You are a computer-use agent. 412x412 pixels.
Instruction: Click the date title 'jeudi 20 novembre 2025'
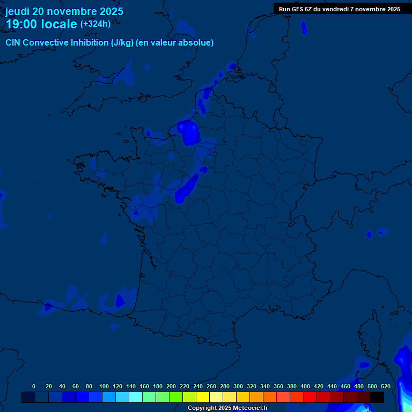point(64,11)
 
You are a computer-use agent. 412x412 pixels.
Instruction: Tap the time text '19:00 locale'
point(41,24)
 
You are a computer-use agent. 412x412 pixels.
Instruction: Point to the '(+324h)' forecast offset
point(95,24)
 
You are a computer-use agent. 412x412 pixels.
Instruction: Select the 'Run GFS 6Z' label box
point(339,9)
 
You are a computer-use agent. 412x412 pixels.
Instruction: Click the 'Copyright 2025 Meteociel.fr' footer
point(227,408)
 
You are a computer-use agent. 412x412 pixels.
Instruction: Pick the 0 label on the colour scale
point(34,386)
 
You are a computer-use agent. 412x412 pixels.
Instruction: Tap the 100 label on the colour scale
point(104,386)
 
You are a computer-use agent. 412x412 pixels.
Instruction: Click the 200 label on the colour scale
point(171,386)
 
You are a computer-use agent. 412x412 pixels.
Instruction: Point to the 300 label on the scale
point(238,386)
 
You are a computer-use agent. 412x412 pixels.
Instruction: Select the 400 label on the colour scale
point(305,386)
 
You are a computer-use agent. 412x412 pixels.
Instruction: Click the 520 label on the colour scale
point(386,386)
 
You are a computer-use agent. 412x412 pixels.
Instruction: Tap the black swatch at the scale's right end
point(377,397)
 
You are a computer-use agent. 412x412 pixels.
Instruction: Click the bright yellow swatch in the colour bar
point(203,397)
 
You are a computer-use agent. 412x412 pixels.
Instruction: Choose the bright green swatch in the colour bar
point(176,397)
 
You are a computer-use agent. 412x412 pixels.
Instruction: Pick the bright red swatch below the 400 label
point(310,397)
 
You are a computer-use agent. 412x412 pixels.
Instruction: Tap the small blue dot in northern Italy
point(369,234)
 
